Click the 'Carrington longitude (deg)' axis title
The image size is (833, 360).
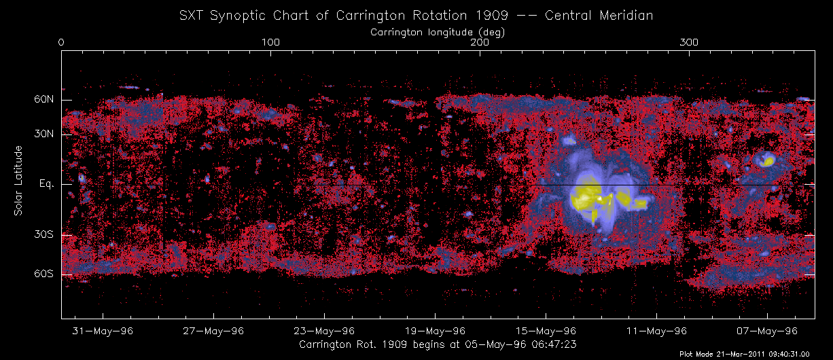438,31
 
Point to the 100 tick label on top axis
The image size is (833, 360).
270,43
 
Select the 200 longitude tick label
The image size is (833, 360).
480,43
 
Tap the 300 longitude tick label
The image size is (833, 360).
689,43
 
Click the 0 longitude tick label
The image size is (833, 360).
61,43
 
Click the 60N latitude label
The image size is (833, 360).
44,100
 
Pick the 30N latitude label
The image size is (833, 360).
44,134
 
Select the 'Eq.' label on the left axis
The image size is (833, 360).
46,184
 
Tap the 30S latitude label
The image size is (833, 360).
44,235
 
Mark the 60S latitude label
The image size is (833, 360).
44,274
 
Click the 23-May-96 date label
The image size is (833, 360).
324,331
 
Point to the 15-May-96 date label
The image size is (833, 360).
546,331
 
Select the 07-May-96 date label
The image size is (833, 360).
767,331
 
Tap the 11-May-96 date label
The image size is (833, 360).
656,331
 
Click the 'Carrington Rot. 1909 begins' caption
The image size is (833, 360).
438,344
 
